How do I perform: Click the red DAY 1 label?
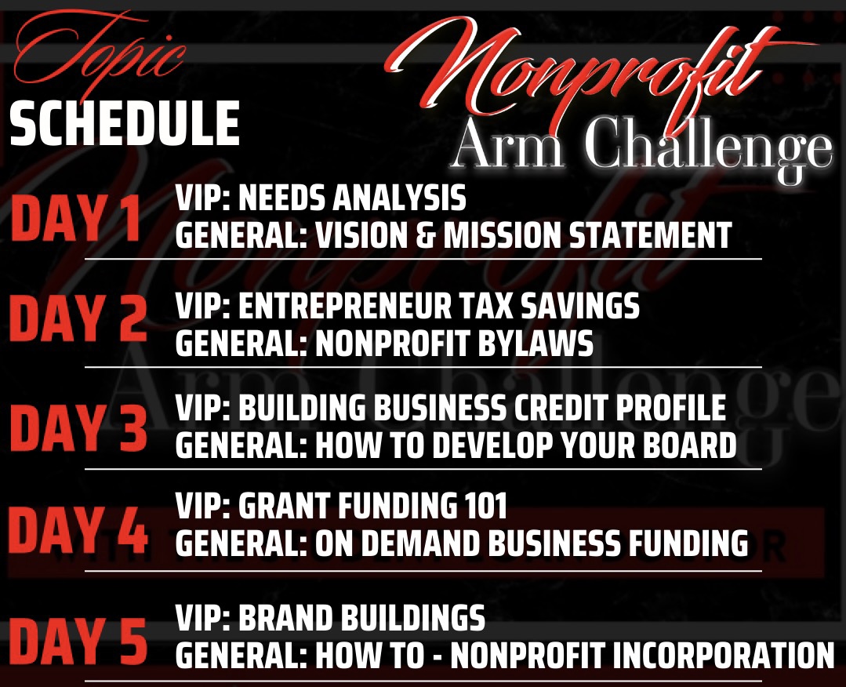pyautogui.click(x=76, y=218)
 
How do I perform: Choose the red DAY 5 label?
pyautogui.click(x=78, y=641)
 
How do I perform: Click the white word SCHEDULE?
pyautogui.click(x=125, y=124)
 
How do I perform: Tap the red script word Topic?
pyautogui.click(x=100, y=51)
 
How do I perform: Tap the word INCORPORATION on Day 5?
pyautogui.click(x=724, y=655)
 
